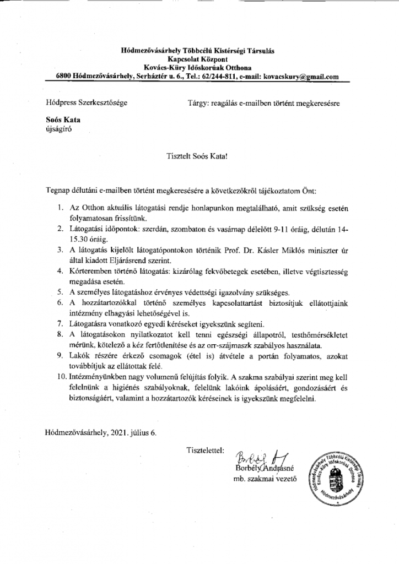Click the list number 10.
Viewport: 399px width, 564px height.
point(60,378)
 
